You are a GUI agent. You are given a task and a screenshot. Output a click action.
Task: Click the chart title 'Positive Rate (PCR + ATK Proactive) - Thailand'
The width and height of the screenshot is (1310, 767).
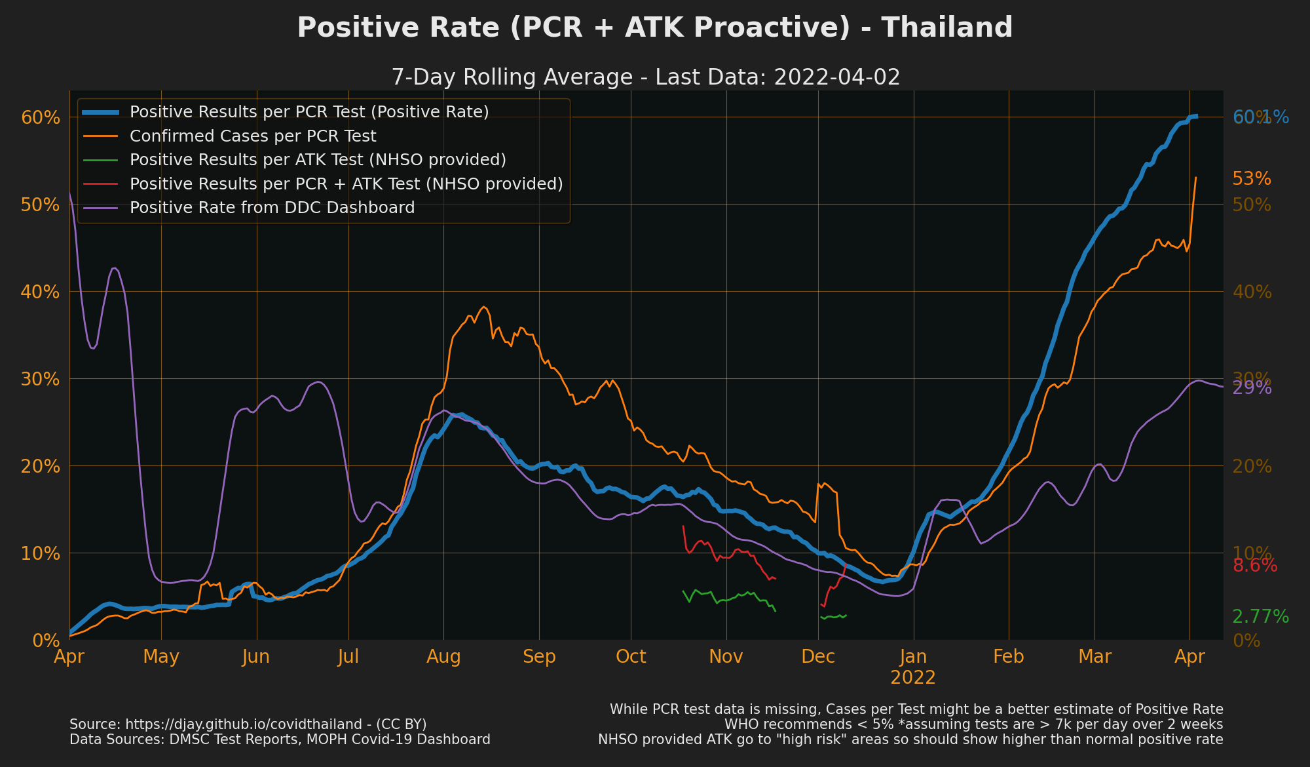[x=655, y=28]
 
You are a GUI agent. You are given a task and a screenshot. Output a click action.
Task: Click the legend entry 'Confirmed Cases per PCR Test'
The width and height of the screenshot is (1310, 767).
[x=253, y=136]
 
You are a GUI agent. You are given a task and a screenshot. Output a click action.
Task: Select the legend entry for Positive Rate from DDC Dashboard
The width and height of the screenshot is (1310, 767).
[x=272, y=208]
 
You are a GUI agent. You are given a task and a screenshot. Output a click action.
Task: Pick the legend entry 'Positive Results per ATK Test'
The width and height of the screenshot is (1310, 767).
[x=318, y=160]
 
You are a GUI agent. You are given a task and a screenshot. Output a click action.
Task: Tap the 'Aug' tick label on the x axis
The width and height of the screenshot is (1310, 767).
[x=443, y=657]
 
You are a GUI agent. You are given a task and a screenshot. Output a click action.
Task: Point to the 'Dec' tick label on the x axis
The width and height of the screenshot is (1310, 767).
[x=818, y=657]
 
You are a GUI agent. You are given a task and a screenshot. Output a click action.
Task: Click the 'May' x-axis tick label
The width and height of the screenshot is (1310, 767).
[x=161, y=657]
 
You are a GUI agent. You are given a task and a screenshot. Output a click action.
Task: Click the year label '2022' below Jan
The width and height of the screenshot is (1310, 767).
[x=913, y=678]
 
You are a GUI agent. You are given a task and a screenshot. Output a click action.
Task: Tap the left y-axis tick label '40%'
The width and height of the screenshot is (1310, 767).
[x=41, y=292]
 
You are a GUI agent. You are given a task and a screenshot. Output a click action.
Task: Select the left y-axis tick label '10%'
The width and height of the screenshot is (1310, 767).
[x=41, y=553]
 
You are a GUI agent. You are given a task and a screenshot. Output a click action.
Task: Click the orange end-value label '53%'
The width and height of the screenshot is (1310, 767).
[x=1252, y=179]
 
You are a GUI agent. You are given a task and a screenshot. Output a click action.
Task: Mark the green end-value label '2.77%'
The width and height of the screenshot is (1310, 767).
[x=1260, y=617]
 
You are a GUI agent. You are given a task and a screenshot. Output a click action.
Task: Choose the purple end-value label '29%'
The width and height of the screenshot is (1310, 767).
[x=1252, y=388]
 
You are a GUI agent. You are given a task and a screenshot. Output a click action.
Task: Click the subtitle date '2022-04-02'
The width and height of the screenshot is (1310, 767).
[x=836, y=77]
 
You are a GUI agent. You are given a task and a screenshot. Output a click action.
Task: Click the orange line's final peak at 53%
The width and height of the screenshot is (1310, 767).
[x=1195, y=178]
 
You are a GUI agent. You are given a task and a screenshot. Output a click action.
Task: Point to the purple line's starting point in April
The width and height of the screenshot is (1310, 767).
[x=70, y=193]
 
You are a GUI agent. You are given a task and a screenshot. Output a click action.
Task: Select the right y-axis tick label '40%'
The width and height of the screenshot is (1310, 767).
[x=1252, y=292]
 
